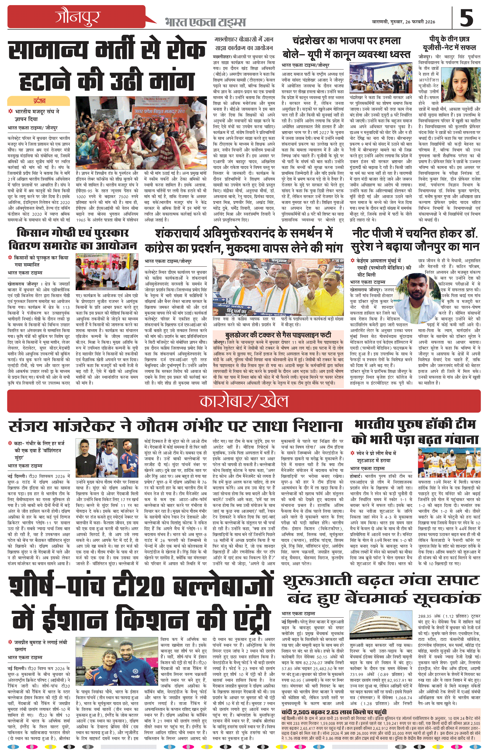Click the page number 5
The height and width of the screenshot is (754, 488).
click(x=466, y=18)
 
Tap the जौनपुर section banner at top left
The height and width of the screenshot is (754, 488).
click(x=78, y=17)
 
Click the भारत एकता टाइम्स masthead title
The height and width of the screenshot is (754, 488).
click(x=205, y=22)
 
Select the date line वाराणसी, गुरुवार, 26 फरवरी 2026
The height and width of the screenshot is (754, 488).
click(x=403, y=22)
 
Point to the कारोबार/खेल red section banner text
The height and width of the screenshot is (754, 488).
click(x=244, y=401)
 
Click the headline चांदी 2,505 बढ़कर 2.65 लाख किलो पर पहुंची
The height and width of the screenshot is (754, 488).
click(x=334, y=712)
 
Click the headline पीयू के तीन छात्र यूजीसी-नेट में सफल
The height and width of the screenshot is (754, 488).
click(x=449, y=43)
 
